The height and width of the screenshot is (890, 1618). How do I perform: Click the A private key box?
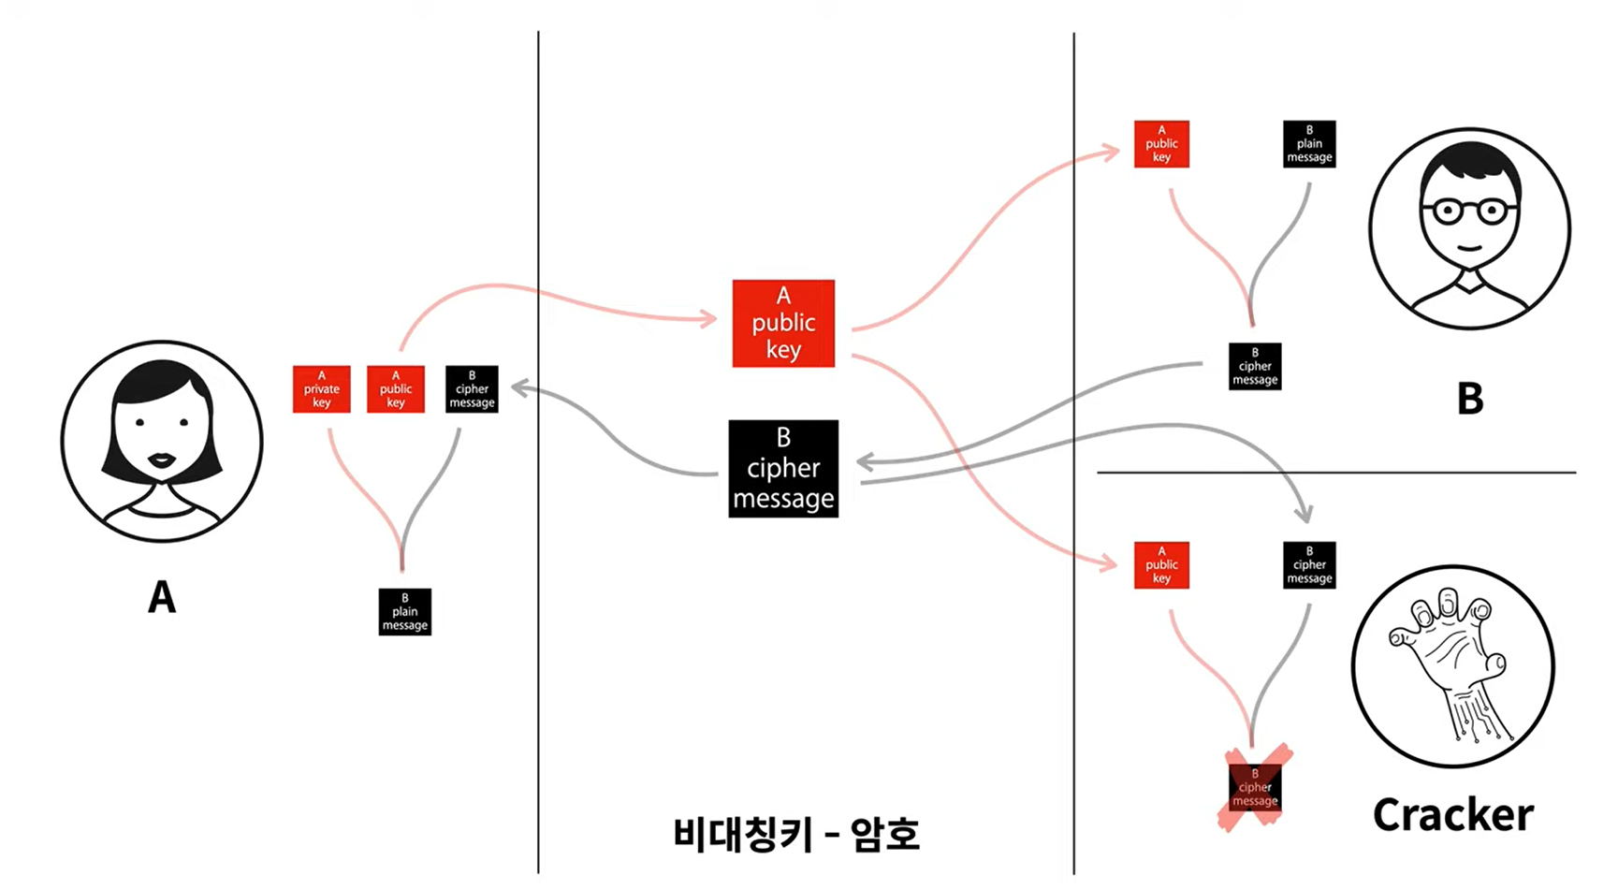[321, 389]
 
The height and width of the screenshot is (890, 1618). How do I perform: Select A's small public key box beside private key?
[396, 389]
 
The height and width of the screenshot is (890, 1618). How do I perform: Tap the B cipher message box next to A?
[472, 389]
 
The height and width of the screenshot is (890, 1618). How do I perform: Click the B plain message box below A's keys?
[404, 612]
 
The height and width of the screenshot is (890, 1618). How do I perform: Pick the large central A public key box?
[783, 323]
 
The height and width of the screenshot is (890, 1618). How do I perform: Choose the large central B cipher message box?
[783, 468]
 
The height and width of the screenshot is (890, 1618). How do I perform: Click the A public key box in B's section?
[1161, 144]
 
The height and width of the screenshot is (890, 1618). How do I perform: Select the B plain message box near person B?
[1309, 144]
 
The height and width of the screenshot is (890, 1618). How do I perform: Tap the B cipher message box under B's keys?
[1255, 366]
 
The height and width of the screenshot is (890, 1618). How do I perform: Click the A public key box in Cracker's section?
[1161, 565]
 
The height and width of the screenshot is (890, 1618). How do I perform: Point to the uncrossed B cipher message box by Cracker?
[1309, 565]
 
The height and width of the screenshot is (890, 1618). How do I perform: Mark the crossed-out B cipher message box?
[1255, 787]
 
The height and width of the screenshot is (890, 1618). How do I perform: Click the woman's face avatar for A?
[162, 441]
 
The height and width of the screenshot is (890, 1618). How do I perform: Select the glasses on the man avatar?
[1469, 211]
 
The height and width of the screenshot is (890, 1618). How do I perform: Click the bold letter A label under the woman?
[162, 597]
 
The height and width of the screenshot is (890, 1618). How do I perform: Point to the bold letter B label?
[1470, 400]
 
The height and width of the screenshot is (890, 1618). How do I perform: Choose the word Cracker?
[1452, 815]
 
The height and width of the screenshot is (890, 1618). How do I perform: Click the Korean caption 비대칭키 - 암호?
[796, 833]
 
